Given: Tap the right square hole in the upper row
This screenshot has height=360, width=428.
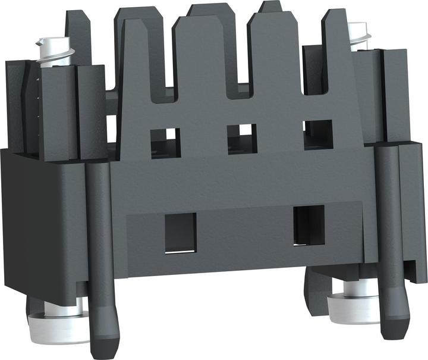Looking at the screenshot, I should pos(318,134).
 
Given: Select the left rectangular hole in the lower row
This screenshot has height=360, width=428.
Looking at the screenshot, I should pos(180,232).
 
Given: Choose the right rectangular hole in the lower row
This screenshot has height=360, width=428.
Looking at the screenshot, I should pos(309,225).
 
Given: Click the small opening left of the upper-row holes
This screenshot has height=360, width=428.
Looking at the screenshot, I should pos(111,129).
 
